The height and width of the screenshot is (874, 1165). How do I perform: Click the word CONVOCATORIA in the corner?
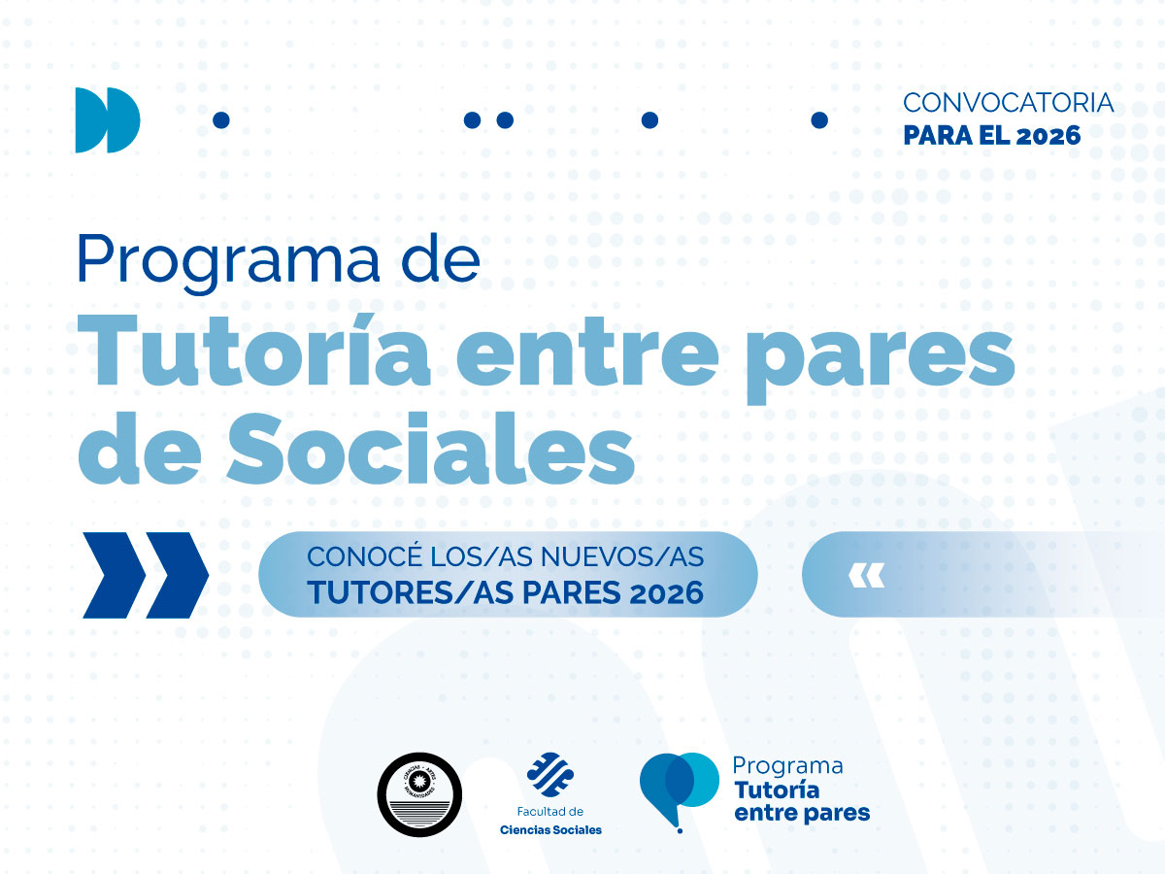click(x=1008, y=102)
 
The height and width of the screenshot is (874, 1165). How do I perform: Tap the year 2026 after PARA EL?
click(x=1048, y=136)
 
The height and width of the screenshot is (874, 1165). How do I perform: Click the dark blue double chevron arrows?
click(x=146, y=575)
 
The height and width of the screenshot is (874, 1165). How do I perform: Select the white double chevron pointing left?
click(x=866, y=576)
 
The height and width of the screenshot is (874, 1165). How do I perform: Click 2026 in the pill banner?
click(x=666, y=592)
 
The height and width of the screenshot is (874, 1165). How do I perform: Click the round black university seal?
click(x=418, y=794)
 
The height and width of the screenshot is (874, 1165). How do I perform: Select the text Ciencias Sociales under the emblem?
click(x=549, y=829)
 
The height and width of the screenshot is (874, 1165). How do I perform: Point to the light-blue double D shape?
click(x=107, y=119)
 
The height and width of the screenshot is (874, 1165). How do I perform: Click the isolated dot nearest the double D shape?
click(x=220, y=119)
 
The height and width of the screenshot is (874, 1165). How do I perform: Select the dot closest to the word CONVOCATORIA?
click(x=819, y=119)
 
